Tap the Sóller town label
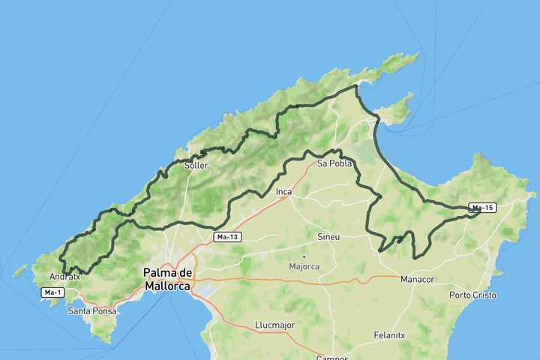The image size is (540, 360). pyautogui.click(x=196, y=165)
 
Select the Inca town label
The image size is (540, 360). pyautogui.click(x=283, y=192)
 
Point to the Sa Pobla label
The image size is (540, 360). pyautogui.click(x=334, y=163)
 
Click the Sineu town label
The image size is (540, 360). pyautogui.click(x=328, y=237)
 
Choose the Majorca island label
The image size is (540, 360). pyautogui.click(x=304, y=266)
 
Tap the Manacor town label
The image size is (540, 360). pyautogui.click(x=418, y=280)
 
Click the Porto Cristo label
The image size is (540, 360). pyautogui.click(x=472, y=295)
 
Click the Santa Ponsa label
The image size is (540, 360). pyautogui.click(x=91, y=310)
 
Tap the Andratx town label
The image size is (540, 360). pyautogui.click(x=64, y=276)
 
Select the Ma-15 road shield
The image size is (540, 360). pyautogui.click(x=483, y=207)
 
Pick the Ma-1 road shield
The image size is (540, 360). pyautogui.click(x=52, y=292)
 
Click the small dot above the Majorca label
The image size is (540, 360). pyautogui.click(x=304, y=256)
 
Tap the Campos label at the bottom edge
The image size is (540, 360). pyautogui.click(x=332, y=358)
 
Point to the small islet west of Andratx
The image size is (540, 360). pyautogui.click(x=20, y=271)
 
